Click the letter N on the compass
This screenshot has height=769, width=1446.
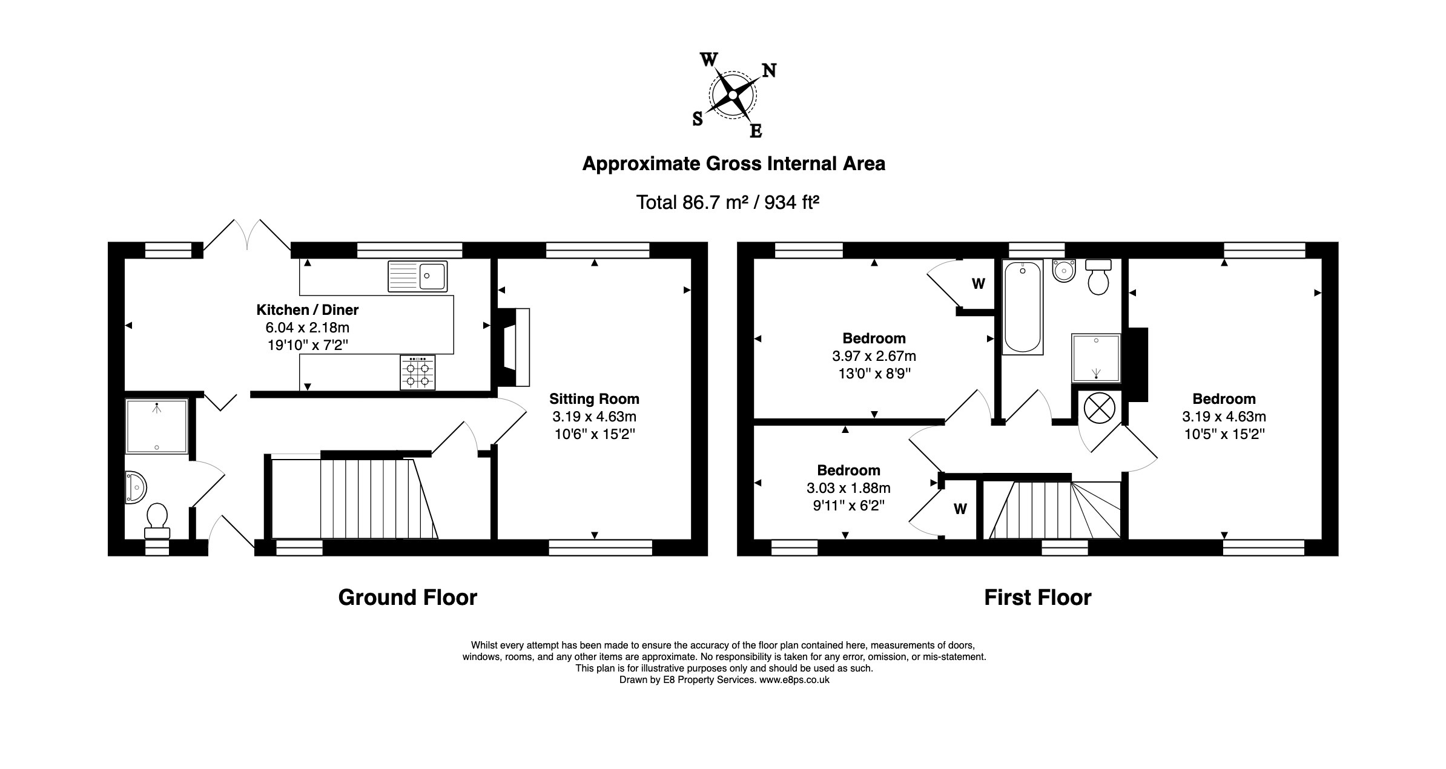coord(768,71)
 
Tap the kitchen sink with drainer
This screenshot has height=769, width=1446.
coord(417,276)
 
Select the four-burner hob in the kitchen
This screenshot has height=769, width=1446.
coord(417,372)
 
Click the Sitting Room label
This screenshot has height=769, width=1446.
coord(594,399)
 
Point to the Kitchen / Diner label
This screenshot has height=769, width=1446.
coord(307,310)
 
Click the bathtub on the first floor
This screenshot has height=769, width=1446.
coord(1023,307)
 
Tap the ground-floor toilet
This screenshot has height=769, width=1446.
coord(157,519)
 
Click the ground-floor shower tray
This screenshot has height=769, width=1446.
coord(157,426)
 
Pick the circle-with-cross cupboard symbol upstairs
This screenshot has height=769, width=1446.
coord(1098,408)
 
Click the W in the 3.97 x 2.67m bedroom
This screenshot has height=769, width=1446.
coord(978,283)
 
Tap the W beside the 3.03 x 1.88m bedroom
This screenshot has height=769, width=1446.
coord(960,509)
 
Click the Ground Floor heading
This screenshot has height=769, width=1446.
coord(408,598)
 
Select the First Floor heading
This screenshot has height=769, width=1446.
coord(1037,598)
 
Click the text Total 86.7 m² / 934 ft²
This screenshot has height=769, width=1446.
coord(727,202)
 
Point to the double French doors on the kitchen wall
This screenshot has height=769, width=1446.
coord(247,235)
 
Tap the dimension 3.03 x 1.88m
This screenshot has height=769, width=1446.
coord(848,488)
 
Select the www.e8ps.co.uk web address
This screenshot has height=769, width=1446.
coord(794,680)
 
